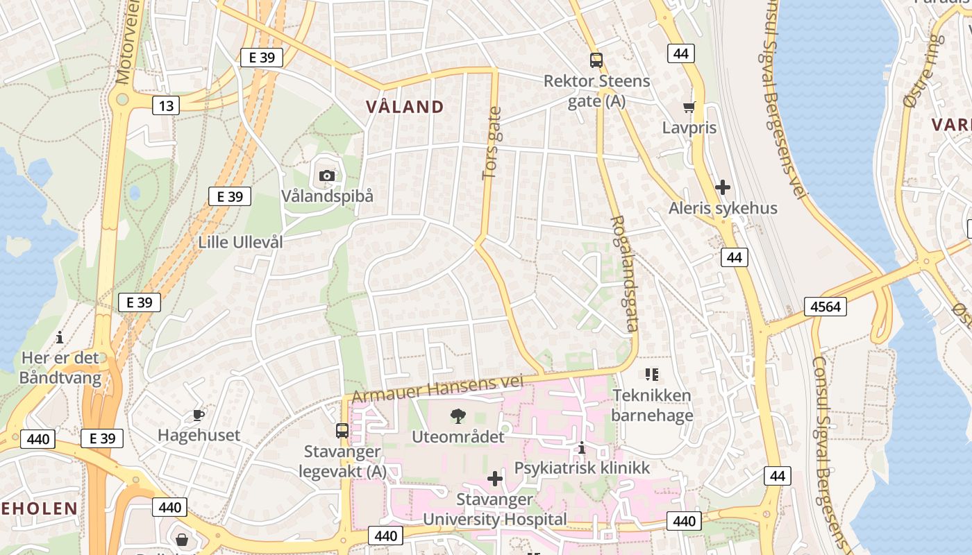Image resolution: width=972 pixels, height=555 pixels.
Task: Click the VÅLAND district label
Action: [x=405, y=107]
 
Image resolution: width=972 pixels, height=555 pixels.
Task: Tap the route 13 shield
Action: [x=165, y=105]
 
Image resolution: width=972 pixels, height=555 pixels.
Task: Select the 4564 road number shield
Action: [x=826, y=306]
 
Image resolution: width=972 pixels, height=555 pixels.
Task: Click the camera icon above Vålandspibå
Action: [x=327, y=176]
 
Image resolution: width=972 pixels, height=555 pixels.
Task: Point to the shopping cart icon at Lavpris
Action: [x=689, y=107]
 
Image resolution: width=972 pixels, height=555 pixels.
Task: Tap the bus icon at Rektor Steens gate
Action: [x=596, y=60]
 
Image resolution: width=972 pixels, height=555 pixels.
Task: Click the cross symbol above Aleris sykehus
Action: [x=723, y=187]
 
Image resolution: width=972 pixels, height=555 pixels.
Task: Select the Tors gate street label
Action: [x=492, y=144]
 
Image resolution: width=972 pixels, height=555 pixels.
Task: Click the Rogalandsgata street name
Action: [x=623, y=274]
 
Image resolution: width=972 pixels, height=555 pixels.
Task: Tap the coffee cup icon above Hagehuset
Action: [x=199, y=415]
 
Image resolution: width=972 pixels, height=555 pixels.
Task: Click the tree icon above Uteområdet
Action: [x=458, y=416]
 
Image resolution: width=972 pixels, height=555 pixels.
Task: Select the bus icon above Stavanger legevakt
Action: [x=342, y=431]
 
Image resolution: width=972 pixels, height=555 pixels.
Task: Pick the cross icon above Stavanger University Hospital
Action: [x=495, y=479]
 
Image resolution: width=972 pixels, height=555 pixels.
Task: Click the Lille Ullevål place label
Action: [x=241, y=242]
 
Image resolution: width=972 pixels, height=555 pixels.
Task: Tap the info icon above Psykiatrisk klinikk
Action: [x=582, y=448]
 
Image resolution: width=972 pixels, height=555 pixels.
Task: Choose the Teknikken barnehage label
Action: [x=652, y=405]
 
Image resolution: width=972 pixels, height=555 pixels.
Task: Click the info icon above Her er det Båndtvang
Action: [x=60, y=338]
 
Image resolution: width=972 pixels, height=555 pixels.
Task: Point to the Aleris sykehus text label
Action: [x=723, y=208]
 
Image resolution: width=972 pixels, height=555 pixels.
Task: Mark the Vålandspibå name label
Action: [x=327, y=196]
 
